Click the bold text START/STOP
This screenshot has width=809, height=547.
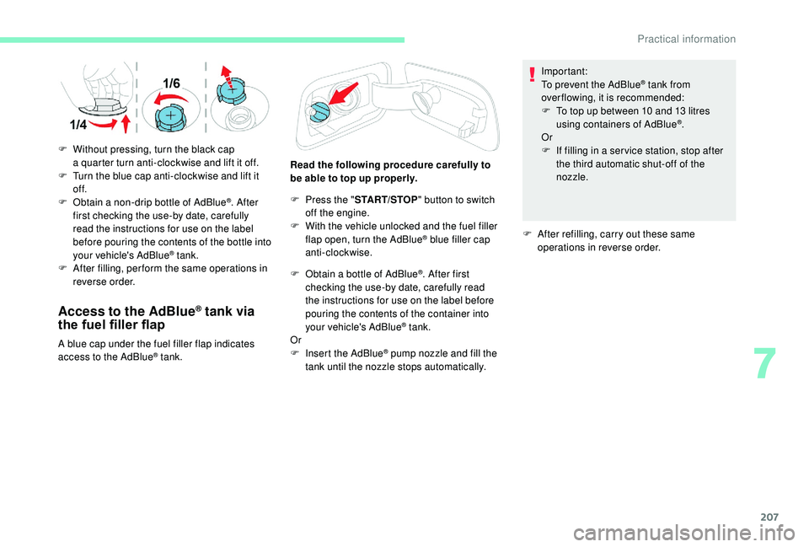pyautogui.click(x=363, y=199)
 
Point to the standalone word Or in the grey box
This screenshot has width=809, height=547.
pyautogui.click(x=546, y=137)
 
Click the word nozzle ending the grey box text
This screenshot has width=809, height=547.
pyautogui.click(x=571, y=178)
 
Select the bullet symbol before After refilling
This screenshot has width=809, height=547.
pyautogui.click(x=527, y=234)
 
